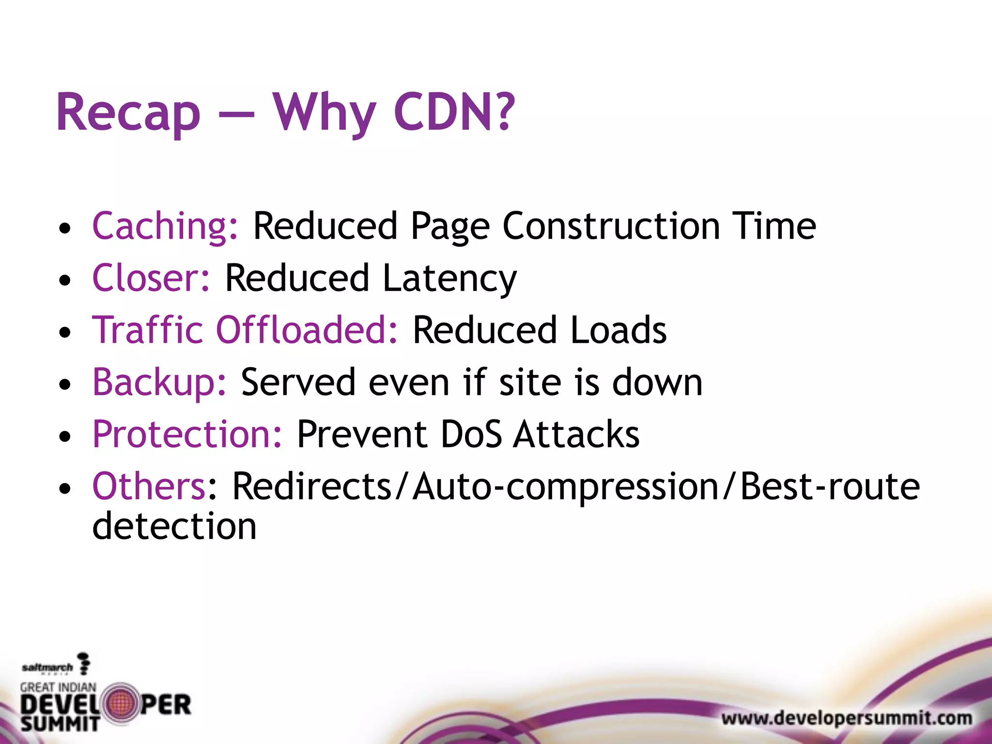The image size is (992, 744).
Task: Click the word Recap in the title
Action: coord(128,113)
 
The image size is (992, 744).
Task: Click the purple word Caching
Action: coord(165,226)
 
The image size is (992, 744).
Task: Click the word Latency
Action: coord(449,279)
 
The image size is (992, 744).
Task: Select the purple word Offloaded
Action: coord(306,330)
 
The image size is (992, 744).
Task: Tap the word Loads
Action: coord(618,330)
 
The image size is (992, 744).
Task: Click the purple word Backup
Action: coord(159,382)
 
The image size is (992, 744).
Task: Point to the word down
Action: coord(657,382)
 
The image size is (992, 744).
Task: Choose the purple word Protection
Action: coord(187,434)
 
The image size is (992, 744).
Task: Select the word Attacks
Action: coord(576,434)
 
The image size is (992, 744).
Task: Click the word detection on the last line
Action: coord(174,526)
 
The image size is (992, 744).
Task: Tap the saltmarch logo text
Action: coord(47,667)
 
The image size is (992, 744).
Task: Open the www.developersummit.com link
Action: coord(846,718)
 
